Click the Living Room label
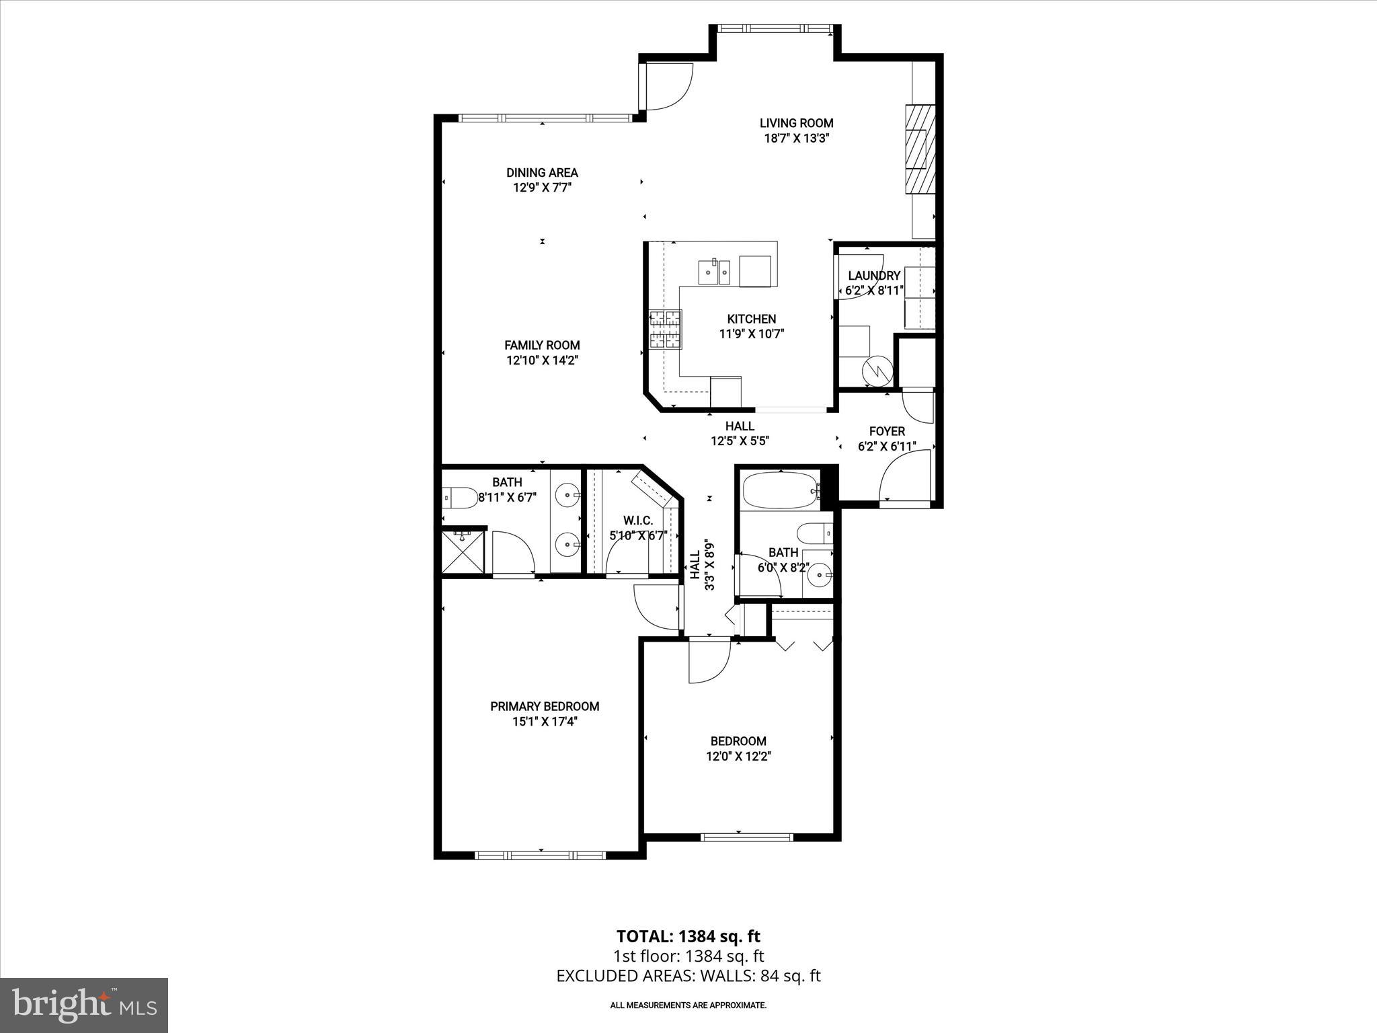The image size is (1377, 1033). coord(796,123)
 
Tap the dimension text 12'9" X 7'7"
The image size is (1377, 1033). coord(542,188)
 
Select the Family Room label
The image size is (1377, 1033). coord(542,345)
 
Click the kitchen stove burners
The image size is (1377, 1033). coord(666,330)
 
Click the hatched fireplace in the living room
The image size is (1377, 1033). coord(919,149)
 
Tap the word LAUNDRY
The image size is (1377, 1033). coord(873,276)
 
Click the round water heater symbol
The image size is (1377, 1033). coord(877,369)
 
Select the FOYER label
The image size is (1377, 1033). coord(887,431)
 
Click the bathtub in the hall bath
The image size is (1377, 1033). coord(780,491)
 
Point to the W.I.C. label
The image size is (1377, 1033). coord(637,521)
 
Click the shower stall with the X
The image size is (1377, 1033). coord(463,551)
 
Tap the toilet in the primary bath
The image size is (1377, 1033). coord(459,498)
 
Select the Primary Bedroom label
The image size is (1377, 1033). coord(545,706)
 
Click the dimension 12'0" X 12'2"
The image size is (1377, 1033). coord(738,756)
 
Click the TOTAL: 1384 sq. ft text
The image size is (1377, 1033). coord(688,936)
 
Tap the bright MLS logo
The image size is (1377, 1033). coord(84,1005)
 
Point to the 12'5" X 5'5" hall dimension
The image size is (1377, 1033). coord(740,441)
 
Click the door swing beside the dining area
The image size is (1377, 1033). coord(669,86)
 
